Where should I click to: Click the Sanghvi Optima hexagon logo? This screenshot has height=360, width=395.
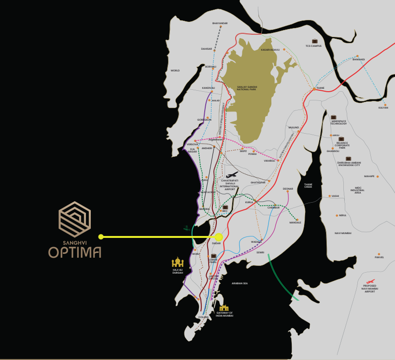[74, 216]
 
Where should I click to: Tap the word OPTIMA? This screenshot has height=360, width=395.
[74, 252]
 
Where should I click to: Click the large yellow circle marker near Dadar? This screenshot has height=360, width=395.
[219, 237]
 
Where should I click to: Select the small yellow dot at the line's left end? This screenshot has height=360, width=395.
[101, 236]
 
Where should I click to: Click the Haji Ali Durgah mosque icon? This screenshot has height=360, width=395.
[178, 262]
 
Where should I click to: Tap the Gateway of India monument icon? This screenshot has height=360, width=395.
[224, 307]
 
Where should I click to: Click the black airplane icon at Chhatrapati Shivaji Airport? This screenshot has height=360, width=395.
[232, 175]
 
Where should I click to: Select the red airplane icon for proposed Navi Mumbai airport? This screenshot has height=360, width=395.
[370, 281]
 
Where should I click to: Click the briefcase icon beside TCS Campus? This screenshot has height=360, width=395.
[315, 41]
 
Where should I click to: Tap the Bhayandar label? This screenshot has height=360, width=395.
[220, 23]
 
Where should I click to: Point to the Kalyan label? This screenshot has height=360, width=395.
[383, 108]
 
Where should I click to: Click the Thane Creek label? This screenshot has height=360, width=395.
[308, 185]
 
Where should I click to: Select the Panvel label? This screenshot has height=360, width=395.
[379, 257]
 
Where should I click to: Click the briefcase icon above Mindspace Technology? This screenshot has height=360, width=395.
[333, 117]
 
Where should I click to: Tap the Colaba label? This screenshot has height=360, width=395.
[203, 317]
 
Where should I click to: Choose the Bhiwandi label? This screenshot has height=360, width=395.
[358, 59]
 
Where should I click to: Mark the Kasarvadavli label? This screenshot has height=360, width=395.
[270, 49]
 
